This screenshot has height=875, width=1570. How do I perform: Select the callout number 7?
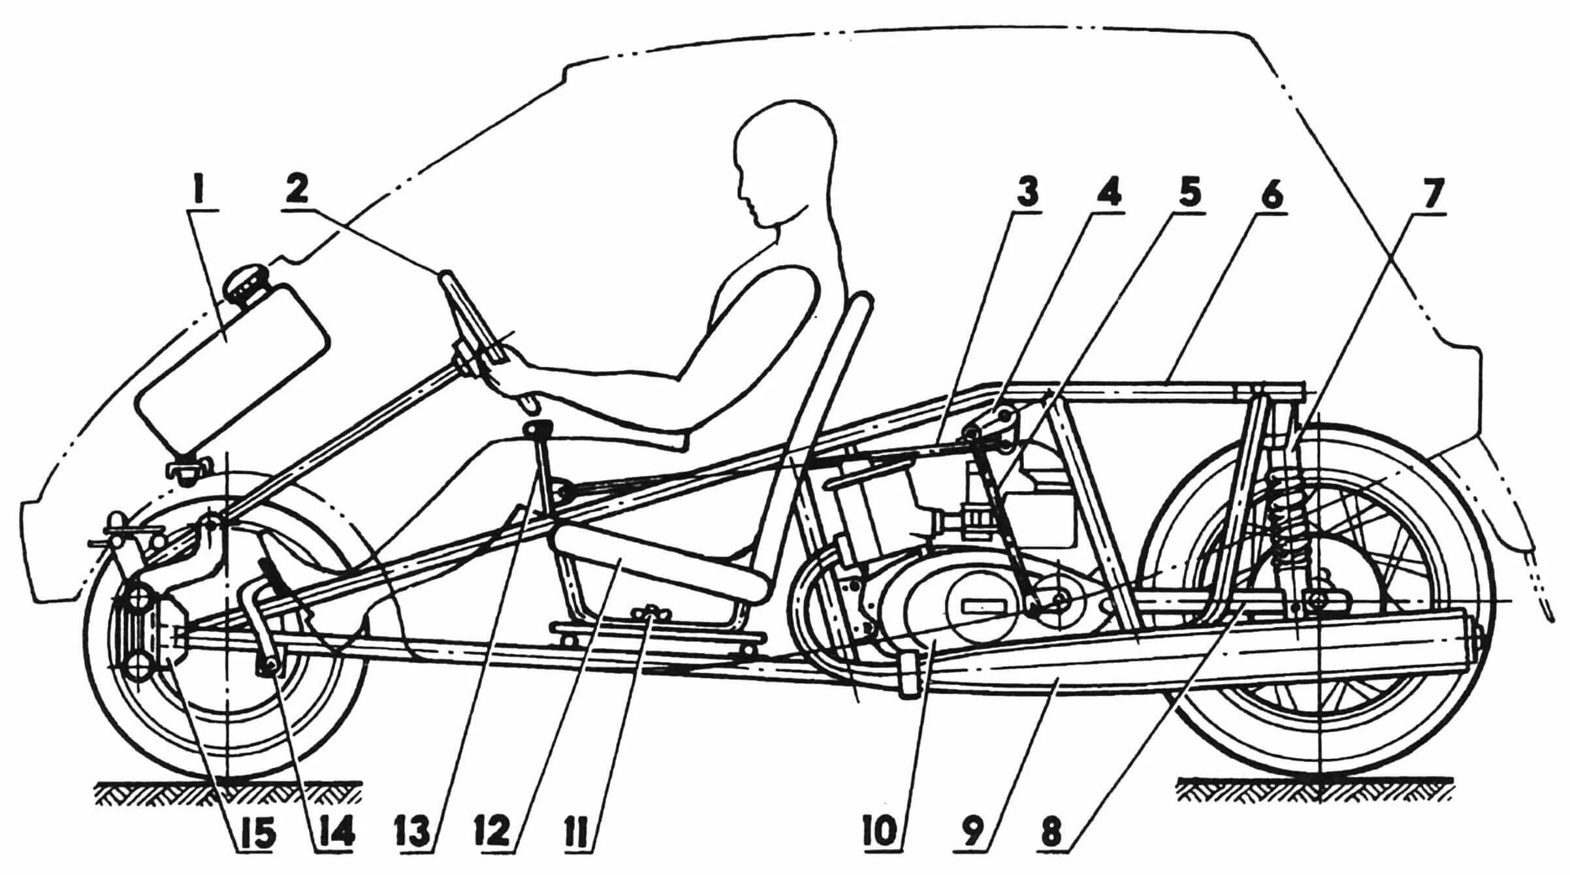pyautogui.click(x=1428, y=193)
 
